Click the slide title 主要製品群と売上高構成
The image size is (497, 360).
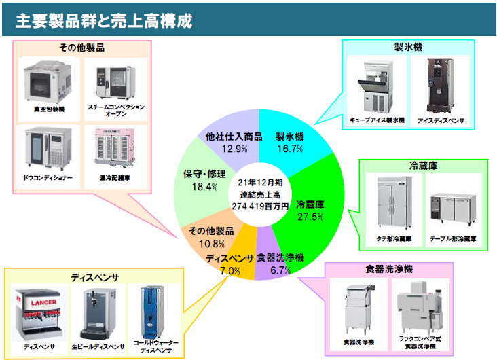(103, 21)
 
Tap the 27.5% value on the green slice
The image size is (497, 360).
(310, 216)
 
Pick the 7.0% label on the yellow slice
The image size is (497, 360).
(230, 270)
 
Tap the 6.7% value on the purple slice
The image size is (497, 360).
(280, 270)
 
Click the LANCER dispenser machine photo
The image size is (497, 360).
(39, 313)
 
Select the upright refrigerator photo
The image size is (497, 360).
(394, 204)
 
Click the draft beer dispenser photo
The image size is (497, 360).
(97, 314)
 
